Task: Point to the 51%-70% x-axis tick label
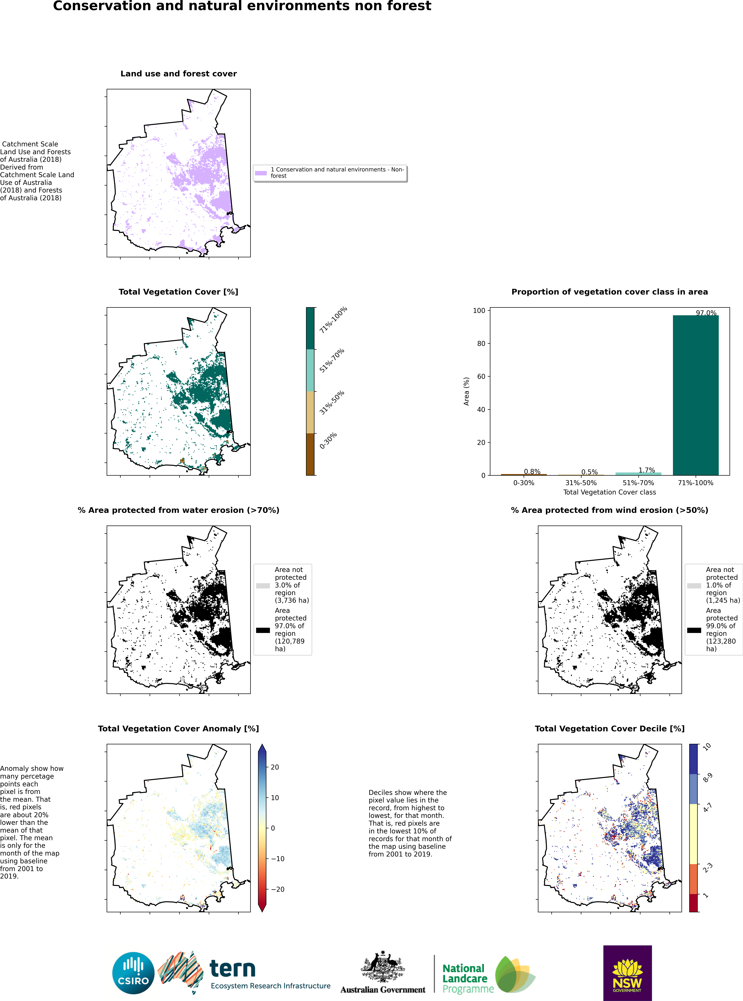point(638,483)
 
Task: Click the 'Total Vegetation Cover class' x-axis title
point(609,492)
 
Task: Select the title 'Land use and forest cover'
point(179,74)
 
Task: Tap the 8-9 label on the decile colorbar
point(707,778)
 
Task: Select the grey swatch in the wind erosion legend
point(694,586)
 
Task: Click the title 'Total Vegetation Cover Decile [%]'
point(609,729)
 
